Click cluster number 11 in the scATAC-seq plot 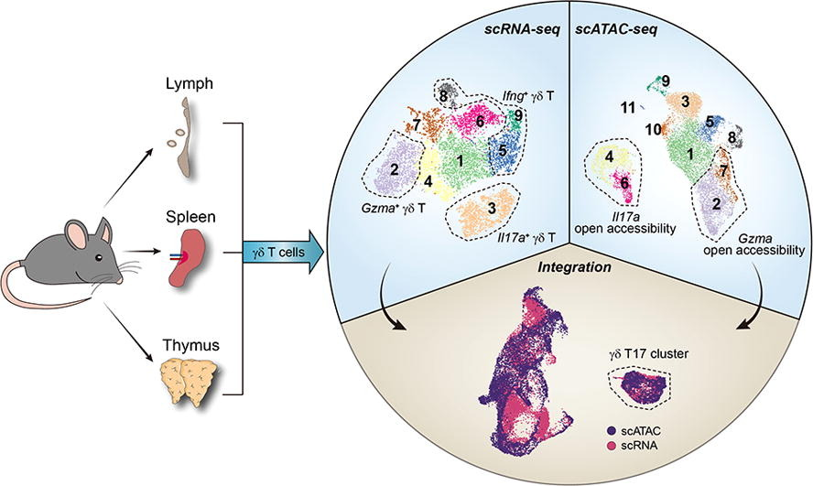626,108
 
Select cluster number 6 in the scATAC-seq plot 623,183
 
